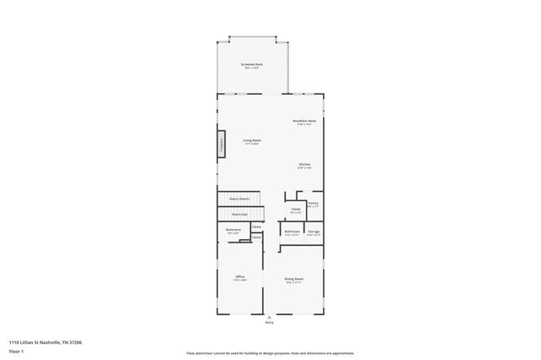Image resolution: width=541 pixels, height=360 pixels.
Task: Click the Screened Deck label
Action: click(x=251, y=64)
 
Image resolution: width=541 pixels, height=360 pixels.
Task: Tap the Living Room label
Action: click(x=252, y=141)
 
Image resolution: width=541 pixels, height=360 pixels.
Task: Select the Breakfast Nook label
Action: click(x=304, y=122)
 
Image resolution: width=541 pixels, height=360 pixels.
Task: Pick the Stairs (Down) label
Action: click(x=239, y=199)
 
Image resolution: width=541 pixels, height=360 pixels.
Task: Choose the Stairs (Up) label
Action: click(x=240, y=215)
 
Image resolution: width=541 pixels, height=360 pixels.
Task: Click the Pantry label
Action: click(x=313, y=204)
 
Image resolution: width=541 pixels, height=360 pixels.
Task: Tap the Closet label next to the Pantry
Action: click(x=296, y=209)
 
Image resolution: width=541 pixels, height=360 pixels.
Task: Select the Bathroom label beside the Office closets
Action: click(x=233, y=231)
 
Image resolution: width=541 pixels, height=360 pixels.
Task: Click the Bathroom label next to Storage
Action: click(x=292, y=232)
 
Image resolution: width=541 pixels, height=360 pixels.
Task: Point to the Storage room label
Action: click(x=314, y=232)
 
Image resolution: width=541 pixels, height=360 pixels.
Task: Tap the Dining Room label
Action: click(x=294, y=279)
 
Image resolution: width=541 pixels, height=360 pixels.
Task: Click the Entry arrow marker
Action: click(x=270, y=317)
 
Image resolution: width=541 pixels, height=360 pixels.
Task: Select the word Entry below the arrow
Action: click(x=270, y=323)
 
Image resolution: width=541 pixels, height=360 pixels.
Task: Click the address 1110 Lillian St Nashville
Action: click(x=46, y=342)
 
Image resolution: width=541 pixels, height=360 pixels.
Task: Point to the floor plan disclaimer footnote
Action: click(x=270, y=353)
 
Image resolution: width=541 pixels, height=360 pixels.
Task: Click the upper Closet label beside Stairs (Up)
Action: click(x=256, y=226)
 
